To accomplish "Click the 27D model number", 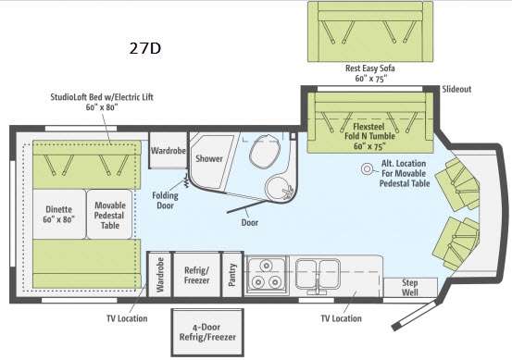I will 146,47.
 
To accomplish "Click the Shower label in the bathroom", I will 208,158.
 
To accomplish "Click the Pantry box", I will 232,275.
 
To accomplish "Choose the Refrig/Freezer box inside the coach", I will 195,275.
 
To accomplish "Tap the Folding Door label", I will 167,200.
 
